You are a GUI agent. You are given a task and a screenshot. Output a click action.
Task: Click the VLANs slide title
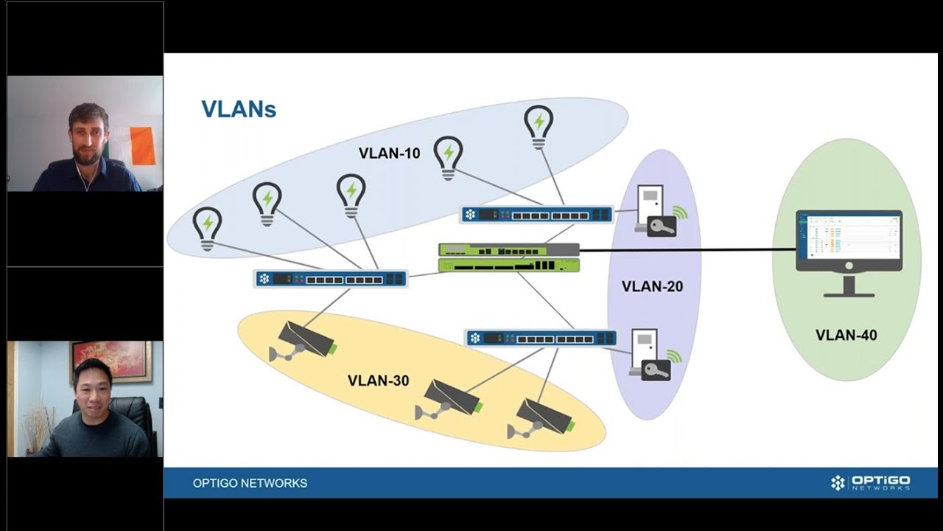239,109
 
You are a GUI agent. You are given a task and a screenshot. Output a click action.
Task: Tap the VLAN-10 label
389,153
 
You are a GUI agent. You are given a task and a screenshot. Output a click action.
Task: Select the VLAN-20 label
652,286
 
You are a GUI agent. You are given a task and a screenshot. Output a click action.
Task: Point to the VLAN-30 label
378,381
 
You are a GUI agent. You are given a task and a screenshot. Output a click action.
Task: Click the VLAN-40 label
846,335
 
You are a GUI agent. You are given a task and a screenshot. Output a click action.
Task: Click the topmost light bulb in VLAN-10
539,126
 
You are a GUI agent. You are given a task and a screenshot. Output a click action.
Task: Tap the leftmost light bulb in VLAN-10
207,228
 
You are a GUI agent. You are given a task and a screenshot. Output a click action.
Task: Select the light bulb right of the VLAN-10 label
448,157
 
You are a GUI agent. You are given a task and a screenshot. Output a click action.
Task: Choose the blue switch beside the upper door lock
537,215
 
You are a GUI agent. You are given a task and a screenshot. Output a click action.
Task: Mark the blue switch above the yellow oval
330,279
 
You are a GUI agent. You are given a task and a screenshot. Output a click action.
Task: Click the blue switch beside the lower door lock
541,339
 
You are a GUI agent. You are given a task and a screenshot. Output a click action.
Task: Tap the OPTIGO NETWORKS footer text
250,483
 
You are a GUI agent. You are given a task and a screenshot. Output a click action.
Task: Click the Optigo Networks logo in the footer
870,483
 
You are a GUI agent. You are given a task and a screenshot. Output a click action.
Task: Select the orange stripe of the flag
143,146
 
